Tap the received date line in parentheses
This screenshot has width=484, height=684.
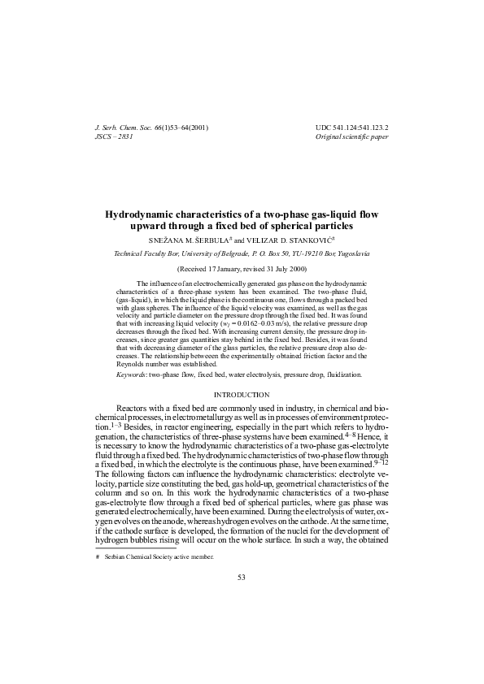[x=242, y=268]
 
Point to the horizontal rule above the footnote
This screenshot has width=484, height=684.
[x=131, y=549]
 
